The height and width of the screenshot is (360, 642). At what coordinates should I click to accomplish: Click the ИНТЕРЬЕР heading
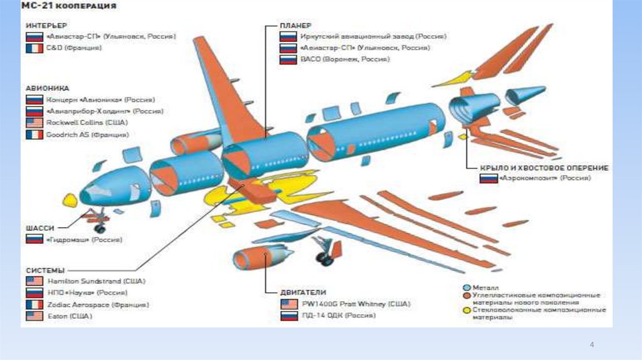tap(45, 25)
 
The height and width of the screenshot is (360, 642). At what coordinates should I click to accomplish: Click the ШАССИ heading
tap(39, 227)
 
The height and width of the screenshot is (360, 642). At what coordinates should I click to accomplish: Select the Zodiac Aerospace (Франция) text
tap(97, 305)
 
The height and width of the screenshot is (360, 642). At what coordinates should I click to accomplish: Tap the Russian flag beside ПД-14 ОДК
tap(288, 316)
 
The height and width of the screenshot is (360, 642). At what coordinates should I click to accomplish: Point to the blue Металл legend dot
tap(466, 287)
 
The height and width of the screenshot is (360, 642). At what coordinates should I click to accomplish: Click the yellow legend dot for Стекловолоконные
tap(466, 310)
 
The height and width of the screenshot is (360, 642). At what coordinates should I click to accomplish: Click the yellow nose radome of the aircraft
tap(70, 201)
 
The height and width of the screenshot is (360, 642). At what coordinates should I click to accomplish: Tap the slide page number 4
tap(591, 345)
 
